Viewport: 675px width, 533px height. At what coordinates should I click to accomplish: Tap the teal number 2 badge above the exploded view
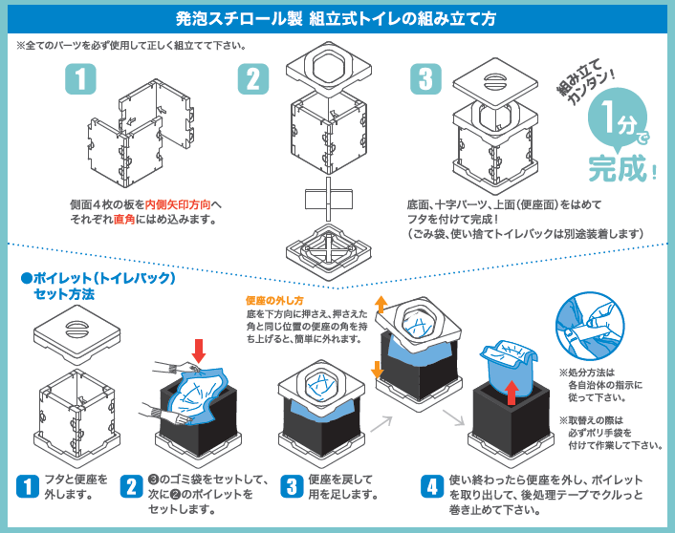pyautogui.click(x=252, y=79)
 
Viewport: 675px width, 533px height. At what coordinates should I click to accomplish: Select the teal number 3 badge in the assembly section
pyautogui.click(x=425, y=79)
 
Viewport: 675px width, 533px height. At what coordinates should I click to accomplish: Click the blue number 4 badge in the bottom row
pyautogui.click(x=433, y=484)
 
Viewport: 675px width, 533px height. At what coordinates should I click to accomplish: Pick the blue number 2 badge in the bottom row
pyautogui.click(x=132, y=484)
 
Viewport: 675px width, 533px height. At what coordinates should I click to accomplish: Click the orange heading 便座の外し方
pyautogui.click(x=278, y=299)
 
